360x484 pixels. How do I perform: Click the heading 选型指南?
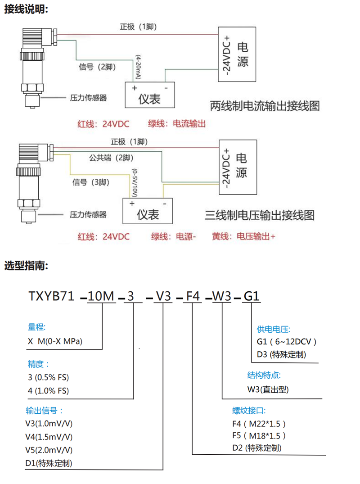point(26,266)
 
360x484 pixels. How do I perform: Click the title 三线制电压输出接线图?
point(259,215)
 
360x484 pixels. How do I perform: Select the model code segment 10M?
point(102,297)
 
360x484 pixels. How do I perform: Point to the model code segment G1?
point(251,297)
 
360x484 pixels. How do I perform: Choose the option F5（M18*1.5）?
point(259,435)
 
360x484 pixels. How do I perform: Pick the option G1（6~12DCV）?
point(287,341)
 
